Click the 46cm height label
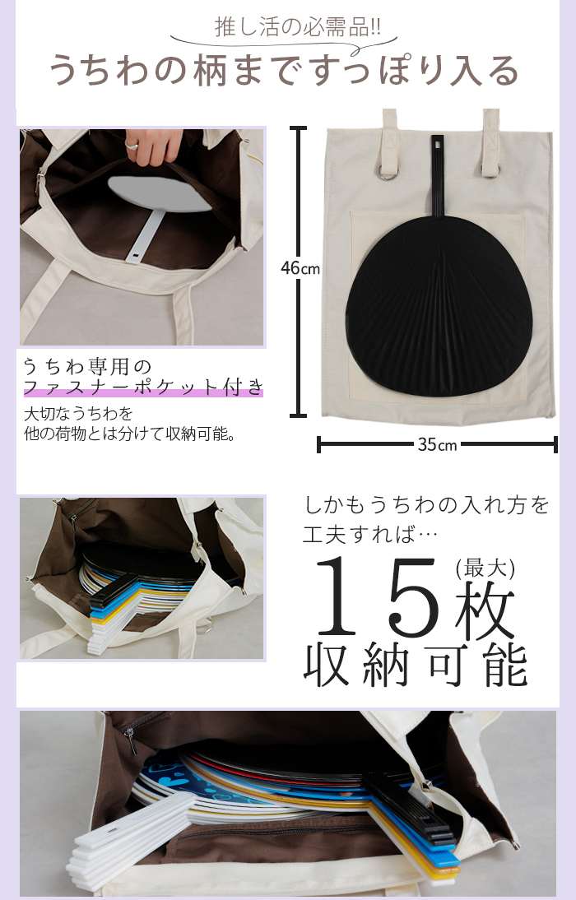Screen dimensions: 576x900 (300, 268)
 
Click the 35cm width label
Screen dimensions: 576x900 (437, 445)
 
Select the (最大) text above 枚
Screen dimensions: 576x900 (485, 568)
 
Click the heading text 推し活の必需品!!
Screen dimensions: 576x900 (297, 26)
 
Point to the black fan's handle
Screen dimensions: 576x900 (439, 175)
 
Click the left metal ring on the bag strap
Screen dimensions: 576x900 (386, 172)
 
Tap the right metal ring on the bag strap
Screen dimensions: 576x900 (491, 170)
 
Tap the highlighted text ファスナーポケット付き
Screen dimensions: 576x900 (143, 387)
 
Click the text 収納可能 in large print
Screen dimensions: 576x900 (415, 666)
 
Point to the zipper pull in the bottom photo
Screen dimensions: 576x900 (131, 740)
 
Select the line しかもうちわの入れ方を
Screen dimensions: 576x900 (426, 506)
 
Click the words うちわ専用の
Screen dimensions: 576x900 (87, 365)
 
